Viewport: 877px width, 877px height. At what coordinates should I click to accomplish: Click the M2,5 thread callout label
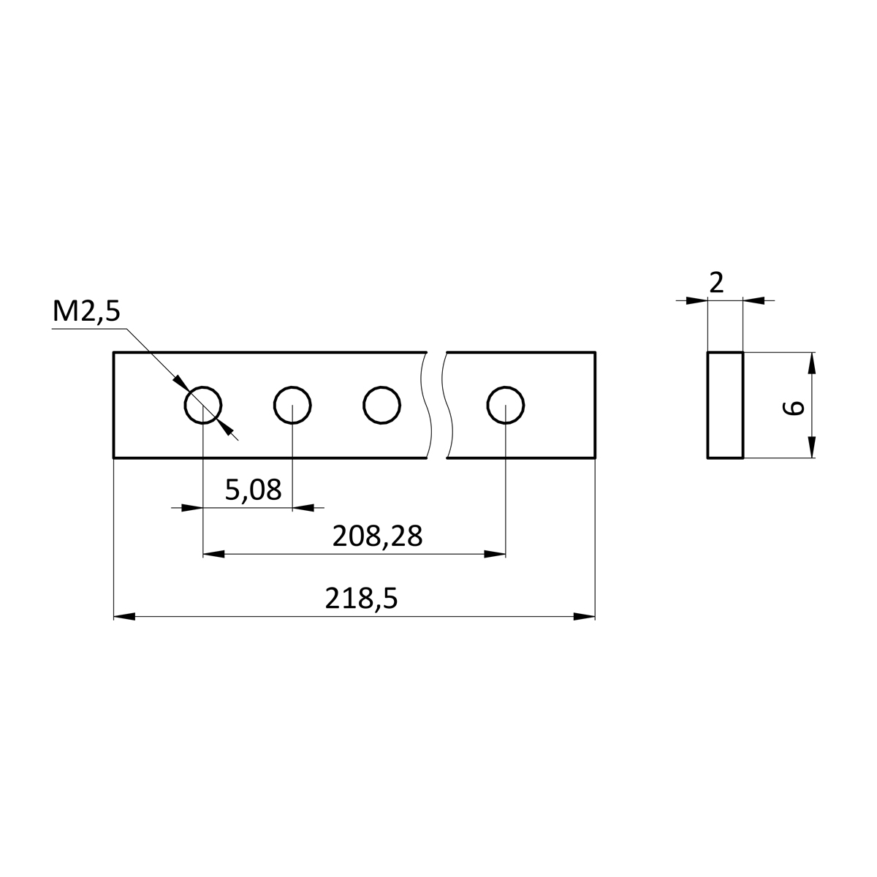86,312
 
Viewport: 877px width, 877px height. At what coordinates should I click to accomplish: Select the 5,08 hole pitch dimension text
253,490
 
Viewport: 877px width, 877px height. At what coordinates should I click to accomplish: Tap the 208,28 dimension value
377,536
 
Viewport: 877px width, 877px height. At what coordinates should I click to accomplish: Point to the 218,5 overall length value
361,599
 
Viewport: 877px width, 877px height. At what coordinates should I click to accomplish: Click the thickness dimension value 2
716,283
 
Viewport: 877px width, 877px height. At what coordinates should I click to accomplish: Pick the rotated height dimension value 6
793,408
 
